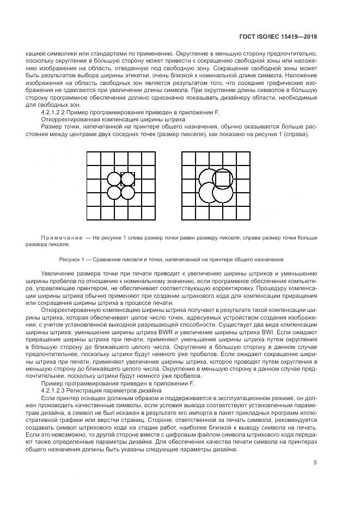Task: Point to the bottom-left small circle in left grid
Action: coord(114,192)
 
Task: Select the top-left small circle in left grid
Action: coord(114,179)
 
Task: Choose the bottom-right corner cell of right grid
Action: coord(243,213)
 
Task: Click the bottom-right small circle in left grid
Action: coord(127,192)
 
